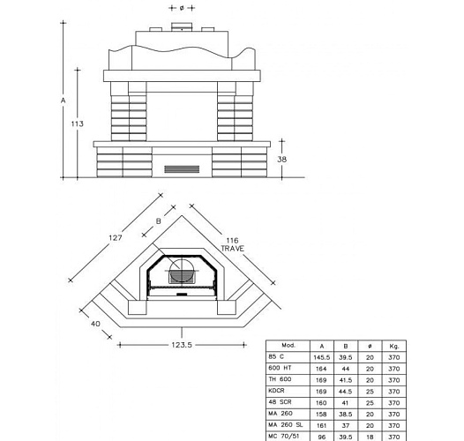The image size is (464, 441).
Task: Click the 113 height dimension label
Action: pyautogui.click(x=78, y=123)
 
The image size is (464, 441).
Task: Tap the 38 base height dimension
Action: pyautogui.click(x=281, y=160)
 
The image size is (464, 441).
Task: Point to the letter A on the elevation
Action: pyautogui.click(x=63, y=101)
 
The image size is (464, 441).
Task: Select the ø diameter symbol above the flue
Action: pyautogui.click(x=182, y=8)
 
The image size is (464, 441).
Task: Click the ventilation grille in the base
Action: pyautogui.click(x=182, y=169)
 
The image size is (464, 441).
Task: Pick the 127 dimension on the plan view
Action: pyautogui.click(x=116, y=237)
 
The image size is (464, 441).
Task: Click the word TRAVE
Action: pyautogui.click(x=233, y=249)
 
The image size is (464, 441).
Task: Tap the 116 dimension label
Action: pyautogui.click(x=232, y=241)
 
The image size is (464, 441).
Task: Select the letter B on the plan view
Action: pyautogui.click(x=158, y=221)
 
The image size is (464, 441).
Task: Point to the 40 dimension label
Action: pyautogui.click(x=95, y=324)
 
